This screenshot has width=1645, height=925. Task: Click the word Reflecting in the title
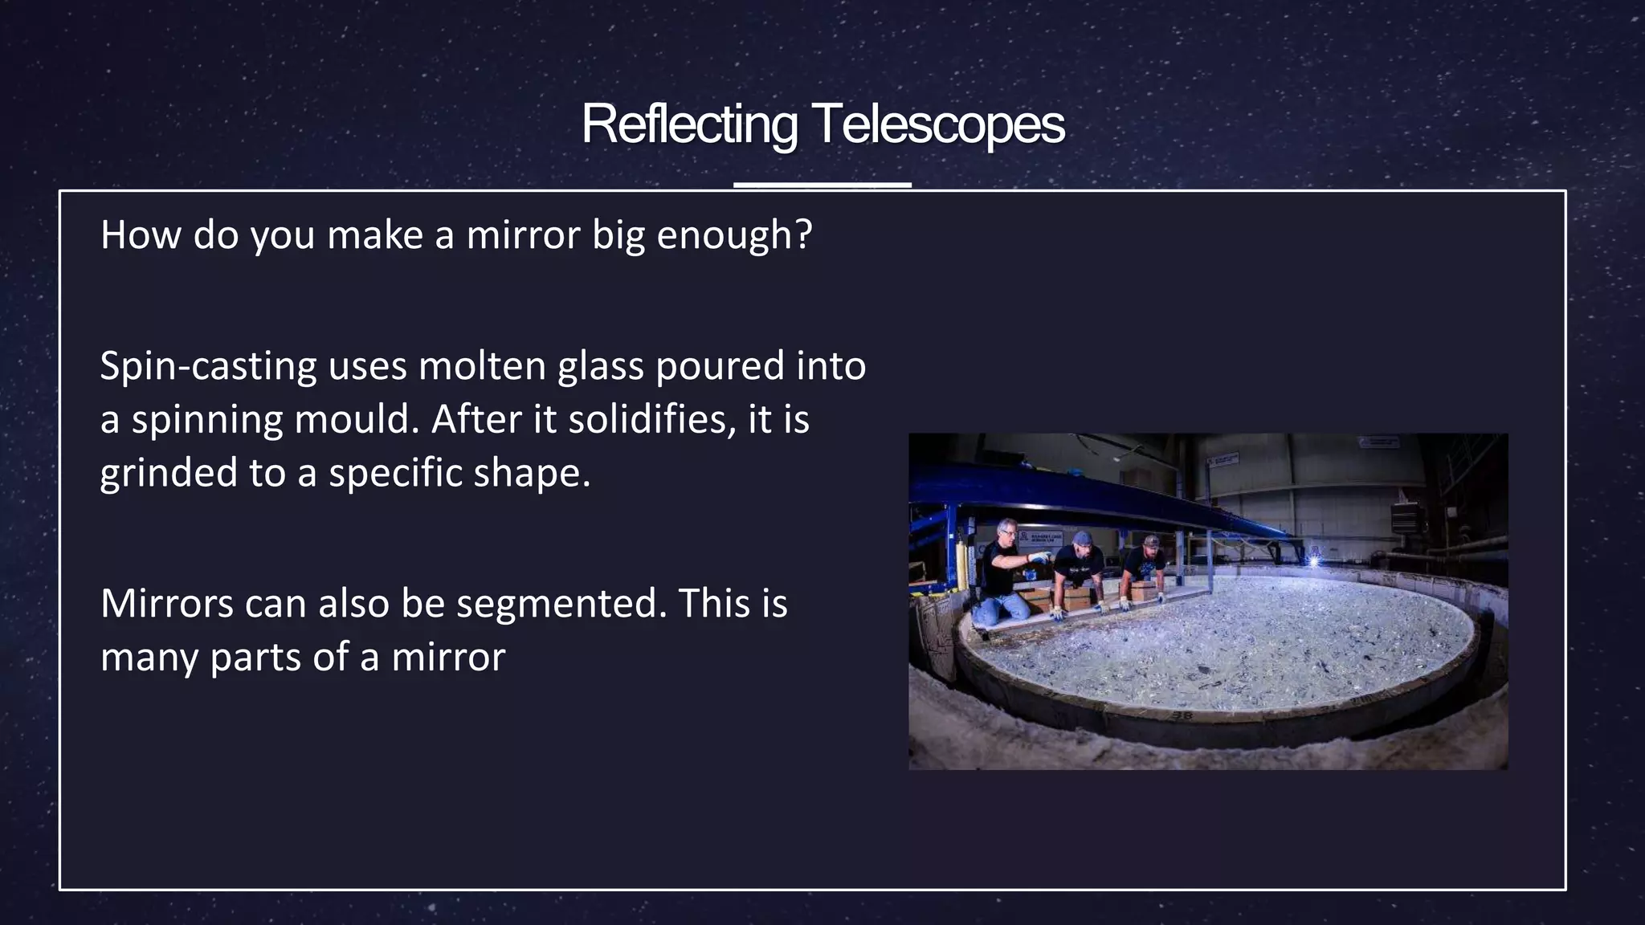coord(689,124)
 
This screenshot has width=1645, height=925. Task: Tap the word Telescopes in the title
coord(938,124)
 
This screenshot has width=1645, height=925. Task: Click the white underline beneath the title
coord(822,185)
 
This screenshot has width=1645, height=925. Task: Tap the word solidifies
coord(651,419)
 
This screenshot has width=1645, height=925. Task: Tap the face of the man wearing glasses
coord(1007,532)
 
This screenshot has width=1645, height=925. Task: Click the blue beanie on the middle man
coord(1083,536)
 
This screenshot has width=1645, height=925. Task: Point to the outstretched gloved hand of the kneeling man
coord(1039,556)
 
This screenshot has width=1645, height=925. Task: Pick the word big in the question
coord(618,234)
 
